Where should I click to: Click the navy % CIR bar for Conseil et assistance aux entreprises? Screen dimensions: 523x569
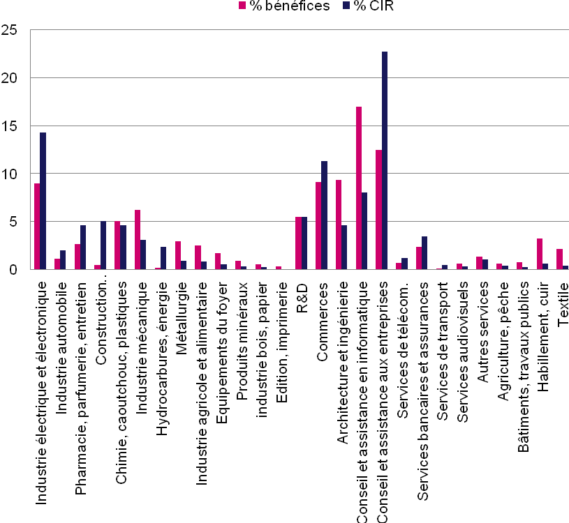click(x=385, y=160)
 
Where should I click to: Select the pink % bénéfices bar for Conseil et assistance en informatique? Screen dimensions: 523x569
click(x=359, y=188)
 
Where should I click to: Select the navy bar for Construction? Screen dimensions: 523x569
click(x=103, y=245)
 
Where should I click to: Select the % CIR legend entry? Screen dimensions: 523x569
click(x=373, y=6)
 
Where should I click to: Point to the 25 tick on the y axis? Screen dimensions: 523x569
click(x=10, y=31)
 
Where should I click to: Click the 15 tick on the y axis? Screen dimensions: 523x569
click(x=10, y=126)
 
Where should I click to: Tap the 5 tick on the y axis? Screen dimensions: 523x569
click(x=13, y=222)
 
